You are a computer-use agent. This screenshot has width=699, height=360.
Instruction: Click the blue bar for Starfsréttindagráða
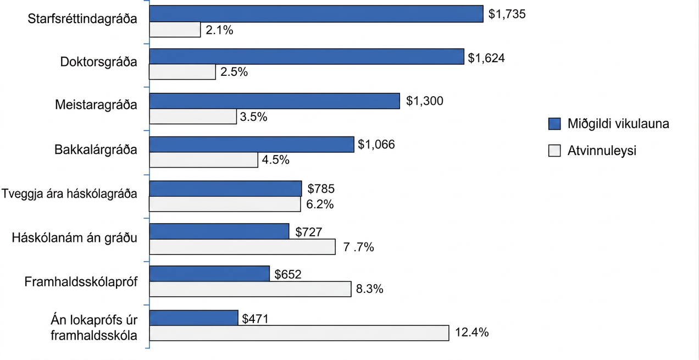[x=317, y=14]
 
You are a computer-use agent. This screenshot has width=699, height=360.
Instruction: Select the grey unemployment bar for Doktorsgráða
[x=182, y=72]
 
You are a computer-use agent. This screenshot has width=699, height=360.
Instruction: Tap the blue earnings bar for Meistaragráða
[x=275, y=101]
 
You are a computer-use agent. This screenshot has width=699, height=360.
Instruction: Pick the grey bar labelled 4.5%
[x=204, y=160]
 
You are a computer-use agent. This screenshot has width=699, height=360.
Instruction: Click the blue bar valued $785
[x=226, y=189]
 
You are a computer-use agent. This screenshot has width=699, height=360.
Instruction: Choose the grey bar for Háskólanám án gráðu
[x=242, y=247]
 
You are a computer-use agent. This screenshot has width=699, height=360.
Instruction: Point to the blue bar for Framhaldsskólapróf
[x=209, y=274]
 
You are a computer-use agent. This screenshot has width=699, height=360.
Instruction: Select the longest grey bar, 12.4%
[x=299, y=333]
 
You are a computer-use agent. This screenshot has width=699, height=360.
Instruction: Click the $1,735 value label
[x=507, y=14]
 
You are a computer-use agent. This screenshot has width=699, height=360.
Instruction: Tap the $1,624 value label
[x=486, y=58]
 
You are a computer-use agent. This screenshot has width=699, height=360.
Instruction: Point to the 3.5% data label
[x=253, y=117]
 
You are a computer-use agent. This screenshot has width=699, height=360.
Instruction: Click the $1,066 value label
[x=376, y=144]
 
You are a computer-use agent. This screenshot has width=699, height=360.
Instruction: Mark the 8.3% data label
[x=369, y=289]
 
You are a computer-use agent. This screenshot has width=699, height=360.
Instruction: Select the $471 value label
[x=256, y=319]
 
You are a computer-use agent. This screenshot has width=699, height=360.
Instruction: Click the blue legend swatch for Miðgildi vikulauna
[x=554, y=124]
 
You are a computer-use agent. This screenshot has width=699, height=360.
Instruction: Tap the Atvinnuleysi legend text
[x=602, y=151]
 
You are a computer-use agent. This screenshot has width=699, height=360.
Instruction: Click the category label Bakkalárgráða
[x=96, y=150]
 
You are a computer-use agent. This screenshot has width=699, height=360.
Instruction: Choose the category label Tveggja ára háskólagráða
[x=69, y=194]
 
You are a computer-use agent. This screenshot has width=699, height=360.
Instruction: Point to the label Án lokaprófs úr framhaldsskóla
[x=94, y=328]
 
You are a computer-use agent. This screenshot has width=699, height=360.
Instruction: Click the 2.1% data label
[x=219, y=30]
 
